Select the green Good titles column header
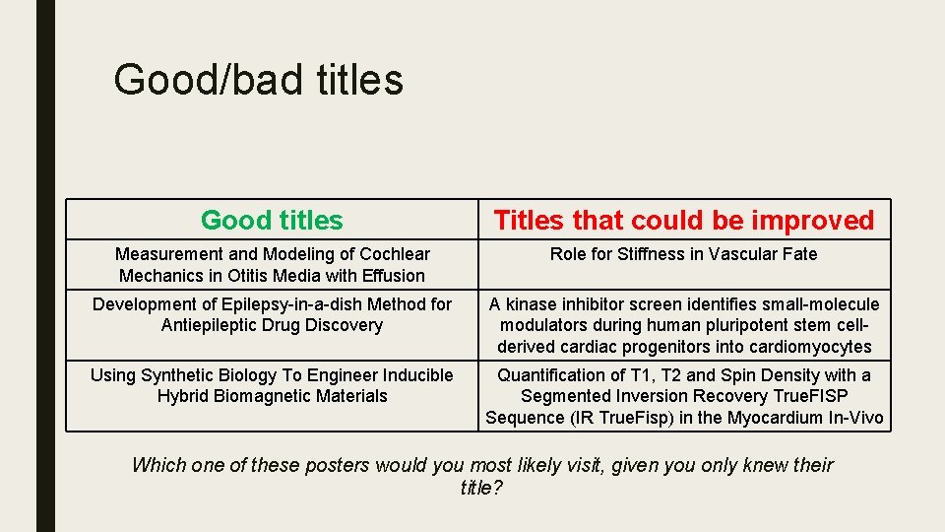(272, 221)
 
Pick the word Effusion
(391, 276)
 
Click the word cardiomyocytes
(812, 347)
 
